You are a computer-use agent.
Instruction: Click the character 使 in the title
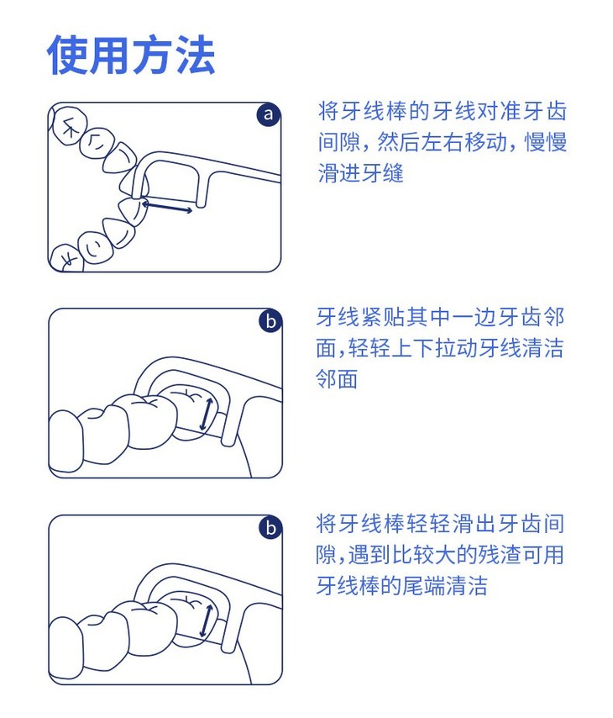tap(67, 55)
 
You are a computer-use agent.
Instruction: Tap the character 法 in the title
tap(196, 55)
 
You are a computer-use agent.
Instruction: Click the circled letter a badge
tap(268, 114)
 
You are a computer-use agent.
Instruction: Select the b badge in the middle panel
tap(270, 320)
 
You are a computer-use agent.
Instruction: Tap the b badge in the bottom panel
tap(270, 527)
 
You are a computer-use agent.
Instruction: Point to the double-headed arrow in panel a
tap(167, 205)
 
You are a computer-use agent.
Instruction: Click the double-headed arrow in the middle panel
tap(206, 414)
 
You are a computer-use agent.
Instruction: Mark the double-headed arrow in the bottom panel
tap(207, 621)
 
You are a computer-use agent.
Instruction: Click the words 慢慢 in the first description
tap(545, 142)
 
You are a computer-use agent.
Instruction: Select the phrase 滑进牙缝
tap(361, 173)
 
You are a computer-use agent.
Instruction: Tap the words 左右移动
tap(463, 142)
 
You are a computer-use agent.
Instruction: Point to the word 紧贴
tap(382, 317)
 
